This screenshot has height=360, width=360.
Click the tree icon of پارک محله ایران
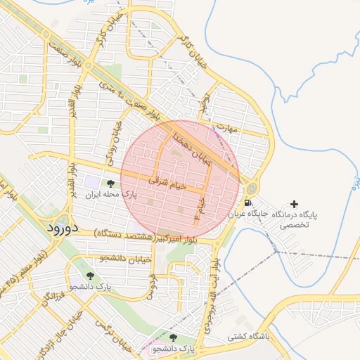(x=110, y=184)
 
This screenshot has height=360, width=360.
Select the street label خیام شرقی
(x=167, y=184)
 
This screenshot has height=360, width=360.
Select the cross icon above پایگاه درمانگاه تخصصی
(x=294, y=203)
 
